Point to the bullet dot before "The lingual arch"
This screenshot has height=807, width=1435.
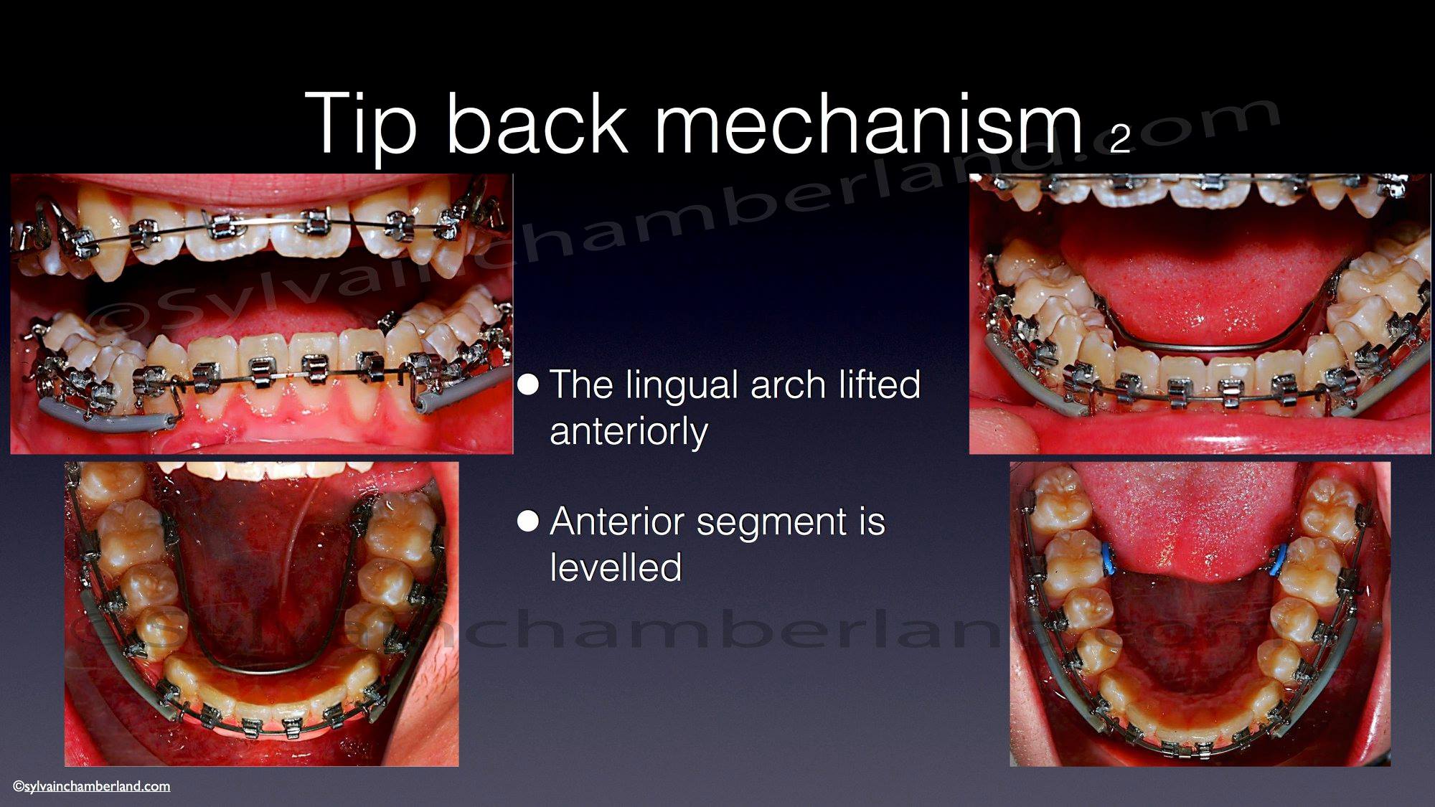(x=528, y=384)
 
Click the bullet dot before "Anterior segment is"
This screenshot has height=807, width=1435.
(x=528, y=521)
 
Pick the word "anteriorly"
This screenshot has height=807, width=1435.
(x=629, y=432)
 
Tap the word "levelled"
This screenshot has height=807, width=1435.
(x=616, y=567)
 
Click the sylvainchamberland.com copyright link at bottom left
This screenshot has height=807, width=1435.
(x=92, y=786)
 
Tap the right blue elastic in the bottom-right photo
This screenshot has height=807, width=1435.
(x=1278, y=560)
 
